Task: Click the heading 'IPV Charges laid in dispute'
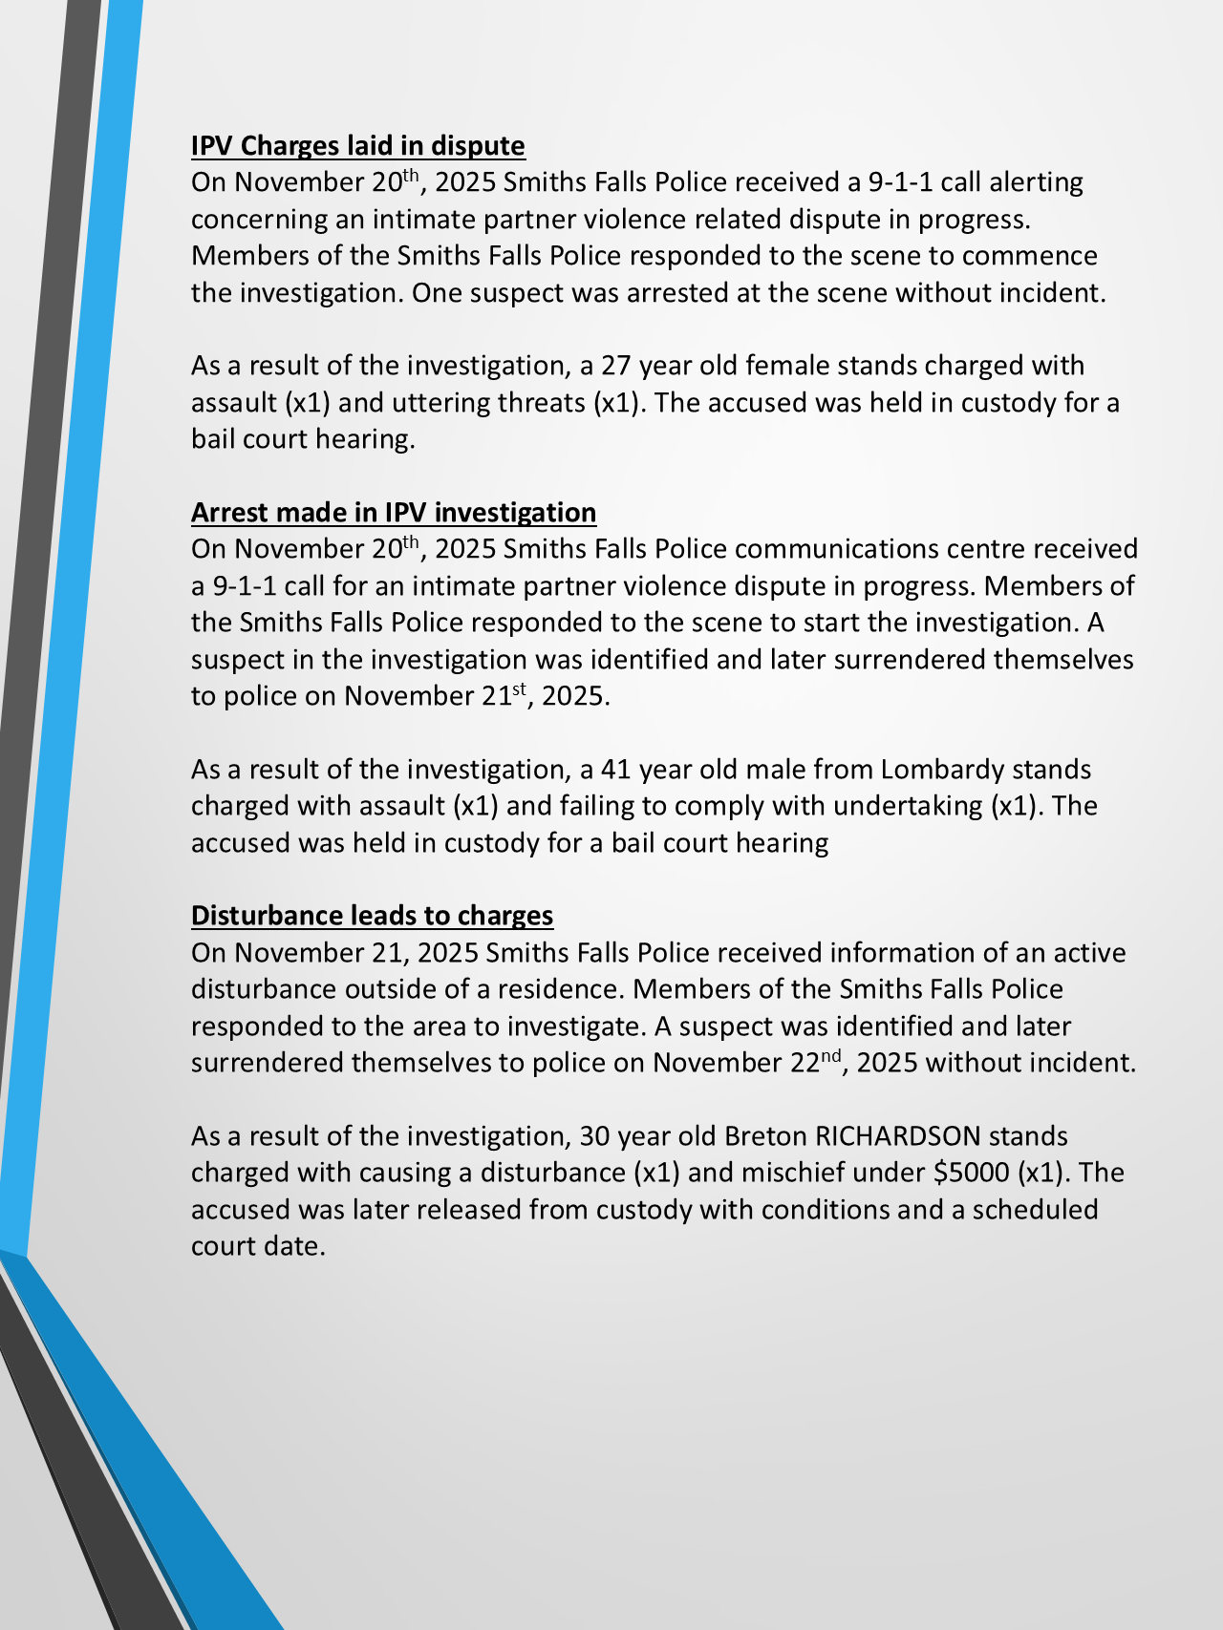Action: coord(357,146)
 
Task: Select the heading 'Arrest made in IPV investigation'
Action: coord(393,513)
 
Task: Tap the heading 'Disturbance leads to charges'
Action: coord(372,916)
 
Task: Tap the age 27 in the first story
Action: coord(615,366)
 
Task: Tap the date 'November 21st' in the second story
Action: coord(437,695)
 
